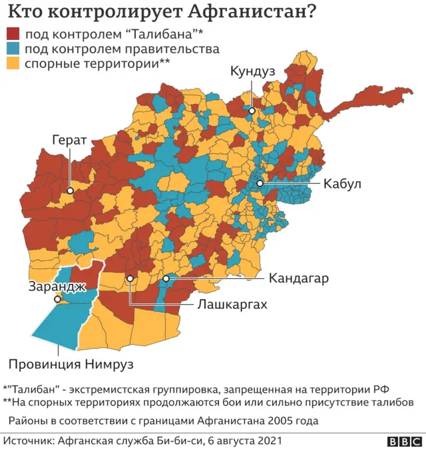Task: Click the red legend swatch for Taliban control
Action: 13,34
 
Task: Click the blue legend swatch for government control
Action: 13,49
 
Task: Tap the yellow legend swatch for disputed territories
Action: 13,63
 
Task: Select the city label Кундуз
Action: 252,71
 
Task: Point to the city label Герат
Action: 69,140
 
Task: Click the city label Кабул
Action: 341,184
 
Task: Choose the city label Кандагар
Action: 298,278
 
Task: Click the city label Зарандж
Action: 57,287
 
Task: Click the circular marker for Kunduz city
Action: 252,111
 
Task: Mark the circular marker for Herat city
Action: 69,190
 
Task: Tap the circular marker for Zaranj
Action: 58,300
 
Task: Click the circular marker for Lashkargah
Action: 130,278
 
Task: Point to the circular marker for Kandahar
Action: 166,278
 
